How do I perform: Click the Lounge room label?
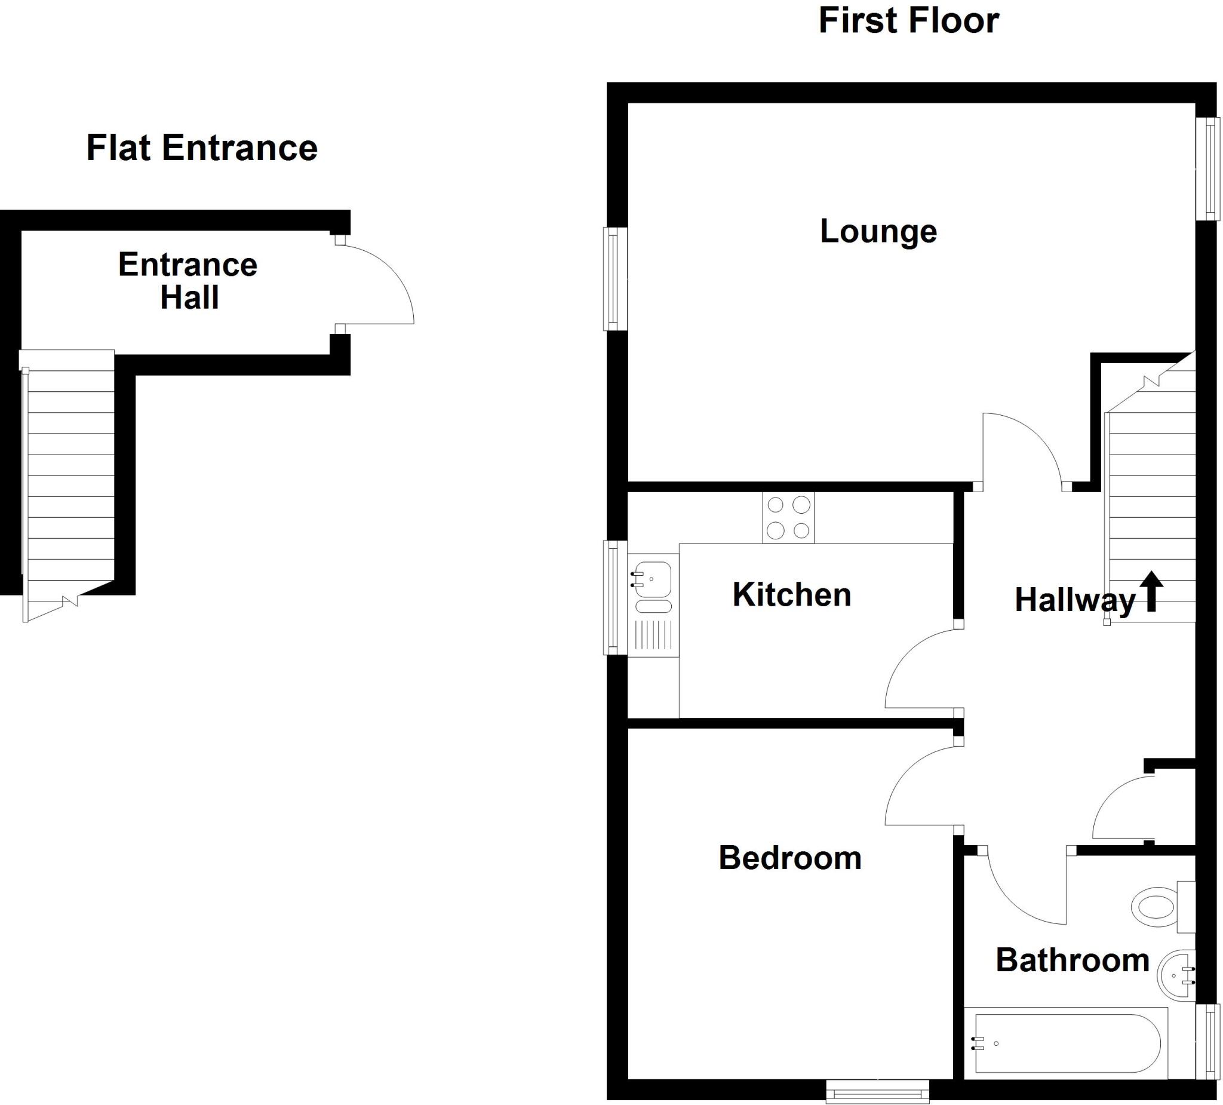[x=878, y=231]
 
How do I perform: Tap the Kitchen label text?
[x=791, y=595]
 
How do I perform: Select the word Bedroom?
[x=789, y=858]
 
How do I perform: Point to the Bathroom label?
[x=1072, y=960]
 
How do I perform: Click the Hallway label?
[x=1074, y=600]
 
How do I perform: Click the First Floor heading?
[x=908, y=21]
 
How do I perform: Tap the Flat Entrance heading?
[x=201, y=148]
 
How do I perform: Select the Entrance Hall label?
[x=188, y=280]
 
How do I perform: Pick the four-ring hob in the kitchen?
[x=788, y=518]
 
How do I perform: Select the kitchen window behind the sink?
[x=614, y=598]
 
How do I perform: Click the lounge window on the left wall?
[x=614, y=279]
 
